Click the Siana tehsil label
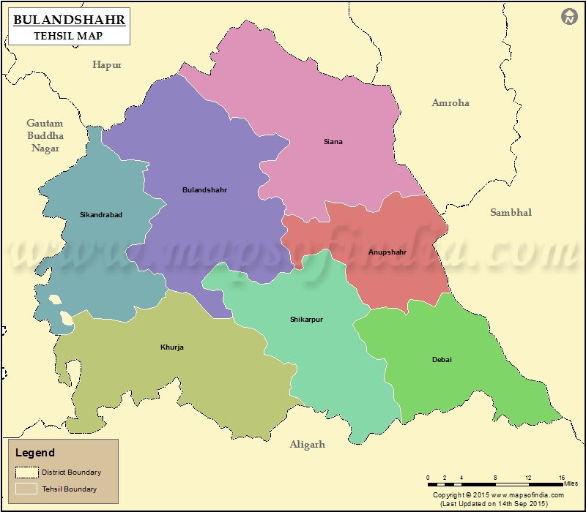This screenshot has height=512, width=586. (333, 142)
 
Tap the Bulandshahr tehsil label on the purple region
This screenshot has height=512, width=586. (204, 190)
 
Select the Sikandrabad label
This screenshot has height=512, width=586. (101, 215)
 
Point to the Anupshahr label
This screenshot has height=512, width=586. (387, 252)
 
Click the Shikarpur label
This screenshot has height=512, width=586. (306, 320)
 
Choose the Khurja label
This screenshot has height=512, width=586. (172, 347)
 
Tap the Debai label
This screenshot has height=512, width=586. (442, 359)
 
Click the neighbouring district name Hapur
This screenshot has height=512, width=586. (107, 65)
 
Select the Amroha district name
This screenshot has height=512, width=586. (450, 103)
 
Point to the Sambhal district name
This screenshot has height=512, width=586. (511, 213)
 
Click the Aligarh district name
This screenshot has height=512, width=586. (307, 445)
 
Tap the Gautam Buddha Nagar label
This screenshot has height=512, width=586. (45, 136)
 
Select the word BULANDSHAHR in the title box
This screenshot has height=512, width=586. (70, 20)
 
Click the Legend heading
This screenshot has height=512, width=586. (35, 453)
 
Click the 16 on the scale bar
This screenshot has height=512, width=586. (562, 478)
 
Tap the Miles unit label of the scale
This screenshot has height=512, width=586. (571, 484)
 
